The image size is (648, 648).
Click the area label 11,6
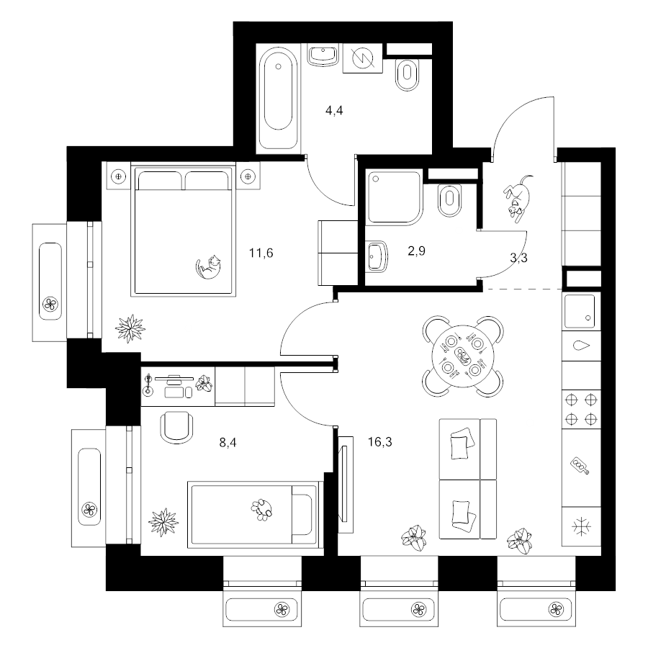pos(261,253)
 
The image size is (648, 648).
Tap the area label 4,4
pos(334,110)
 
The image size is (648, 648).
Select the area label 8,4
pos(228,443)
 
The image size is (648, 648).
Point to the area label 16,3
pos(379,442)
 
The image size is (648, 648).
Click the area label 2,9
pos(416,251)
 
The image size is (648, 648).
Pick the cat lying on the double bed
pos(208,266)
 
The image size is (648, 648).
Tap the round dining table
pos(463,356)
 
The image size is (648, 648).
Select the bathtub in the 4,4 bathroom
pos(278,98)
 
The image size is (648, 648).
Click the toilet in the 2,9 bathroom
pos(449,200)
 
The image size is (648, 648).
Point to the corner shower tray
pos(395,197)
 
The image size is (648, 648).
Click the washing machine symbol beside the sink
pos(362,58)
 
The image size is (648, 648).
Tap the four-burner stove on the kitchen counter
pos(581,410)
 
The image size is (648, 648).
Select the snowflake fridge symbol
pos(581,527)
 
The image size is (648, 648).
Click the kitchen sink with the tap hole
pos(580,311)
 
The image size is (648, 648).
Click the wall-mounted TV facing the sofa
pos(346,484)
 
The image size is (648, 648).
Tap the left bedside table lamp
pos(119,176)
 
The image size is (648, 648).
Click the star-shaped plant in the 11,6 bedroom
pos(130,328)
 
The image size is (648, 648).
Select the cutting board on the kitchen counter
pos(580,466)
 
